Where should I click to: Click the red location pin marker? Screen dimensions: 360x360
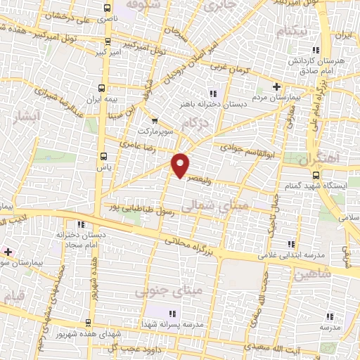(x=181, y=164)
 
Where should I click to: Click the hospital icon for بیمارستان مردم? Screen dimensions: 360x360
(x=278, y=86)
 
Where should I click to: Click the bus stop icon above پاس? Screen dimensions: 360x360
(x=104, y=156)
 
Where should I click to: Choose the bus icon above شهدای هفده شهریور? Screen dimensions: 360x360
(x=87, y=323)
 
